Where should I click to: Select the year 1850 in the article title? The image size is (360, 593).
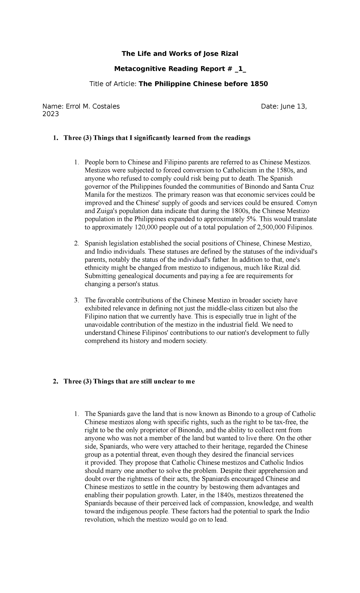pyautogui.click(x=259, y=84)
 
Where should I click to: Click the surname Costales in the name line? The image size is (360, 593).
pyautogui.click(x=105, y=106)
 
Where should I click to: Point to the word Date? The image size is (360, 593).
pyautogui.click(x=269, y=106)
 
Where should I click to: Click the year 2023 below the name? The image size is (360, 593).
pyautogui.click(x=51, y=114)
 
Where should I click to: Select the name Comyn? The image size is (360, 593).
pyautogui.click(x=308, y=203)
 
